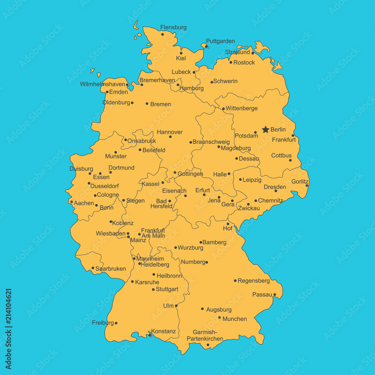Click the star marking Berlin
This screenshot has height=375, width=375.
click(265, 129)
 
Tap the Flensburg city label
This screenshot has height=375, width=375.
click(173, 27)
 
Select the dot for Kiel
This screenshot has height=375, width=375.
click(181, 53)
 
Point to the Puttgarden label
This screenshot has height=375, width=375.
click(220, 41)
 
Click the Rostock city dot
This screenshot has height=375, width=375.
click(231, 62)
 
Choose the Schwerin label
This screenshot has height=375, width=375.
click(225, 81)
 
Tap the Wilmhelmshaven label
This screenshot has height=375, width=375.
click(102, 84)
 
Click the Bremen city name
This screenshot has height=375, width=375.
click(160, 104)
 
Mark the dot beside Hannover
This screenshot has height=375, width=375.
click(170, 136)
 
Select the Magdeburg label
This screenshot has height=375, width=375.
click(235, 148)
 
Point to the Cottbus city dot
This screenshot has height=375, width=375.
click(290, 160)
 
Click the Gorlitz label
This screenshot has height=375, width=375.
click(300, 181)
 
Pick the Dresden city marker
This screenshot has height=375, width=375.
click(276, 191)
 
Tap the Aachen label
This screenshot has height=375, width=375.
click(84, 203)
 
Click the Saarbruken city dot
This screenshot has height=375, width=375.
click(93, 268)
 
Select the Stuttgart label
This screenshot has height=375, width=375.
click(167, 289)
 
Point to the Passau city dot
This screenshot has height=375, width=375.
click(274, 294)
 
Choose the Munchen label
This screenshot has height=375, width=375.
click(235, 319)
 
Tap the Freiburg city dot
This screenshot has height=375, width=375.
click(116, 323)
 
